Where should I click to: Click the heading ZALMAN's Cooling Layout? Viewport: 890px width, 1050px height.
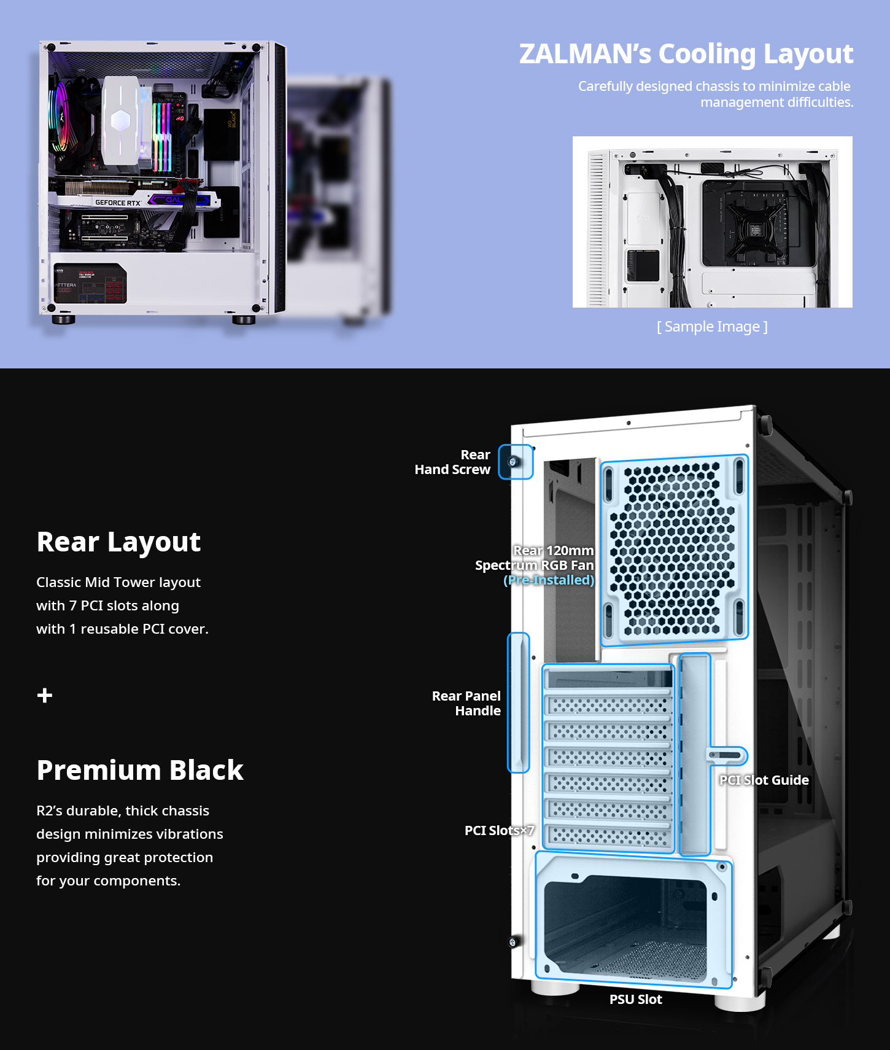[686, 54]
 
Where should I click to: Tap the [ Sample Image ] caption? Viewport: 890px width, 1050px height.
[712, 327]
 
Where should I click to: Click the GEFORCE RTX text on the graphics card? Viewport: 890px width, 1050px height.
[118, 203]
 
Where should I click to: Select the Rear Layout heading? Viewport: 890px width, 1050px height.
[118, 542]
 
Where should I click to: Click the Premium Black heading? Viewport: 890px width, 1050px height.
[140, 770]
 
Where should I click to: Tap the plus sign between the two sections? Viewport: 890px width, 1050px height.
[45, 695]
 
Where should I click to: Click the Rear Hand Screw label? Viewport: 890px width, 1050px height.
[452, 462]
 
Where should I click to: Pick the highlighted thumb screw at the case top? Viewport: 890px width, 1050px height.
[515, 462]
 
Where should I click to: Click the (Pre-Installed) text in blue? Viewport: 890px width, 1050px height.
[549, 580]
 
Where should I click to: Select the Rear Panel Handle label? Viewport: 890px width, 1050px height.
[466, 703]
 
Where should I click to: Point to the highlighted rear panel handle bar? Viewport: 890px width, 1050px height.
[519, 702]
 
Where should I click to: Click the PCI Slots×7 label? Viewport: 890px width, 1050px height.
[499, 831]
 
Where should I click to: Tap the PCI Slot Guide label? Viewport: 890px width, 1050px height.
[764, 780]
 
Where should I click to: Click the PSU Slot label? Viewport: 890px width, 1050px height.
[636, 1000]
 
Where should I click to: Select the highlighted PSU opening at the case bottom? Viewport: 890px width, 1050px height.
[633, 919]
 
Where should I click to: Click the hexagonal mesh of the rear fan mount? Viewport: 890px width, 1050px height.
[674, 550]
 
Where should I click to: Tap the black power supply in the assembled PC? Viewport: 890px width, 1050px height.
[90, 284]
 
